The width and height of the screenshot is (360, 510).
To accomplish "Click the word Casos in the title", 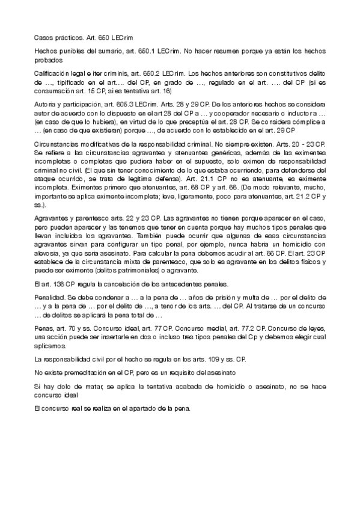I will (x=43, y=37).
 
